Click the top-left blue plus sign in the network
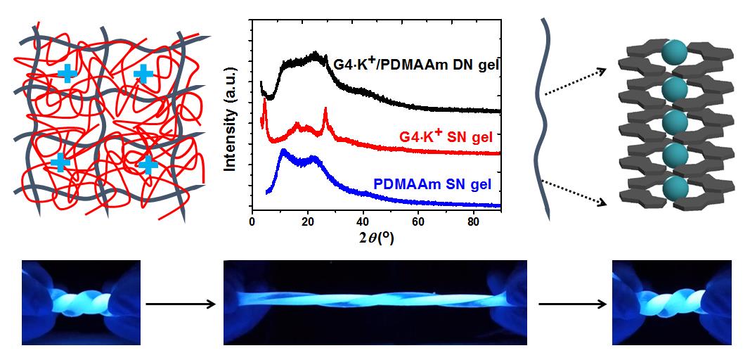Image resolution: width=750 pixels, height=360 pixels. (67, 72)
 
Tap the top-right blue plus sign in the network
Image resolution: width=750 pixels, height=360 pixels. (143, 73)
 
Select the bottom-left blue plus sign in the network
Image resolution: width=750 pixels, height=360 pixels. (60, 162)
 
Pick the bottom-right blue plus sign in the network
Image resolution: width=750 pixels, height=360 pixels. (147, 165)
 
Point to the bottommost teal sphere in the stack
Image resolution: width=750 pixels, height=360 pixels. (674, 188)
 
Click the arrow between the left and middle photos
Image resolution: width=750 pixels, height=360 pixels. (180, 304)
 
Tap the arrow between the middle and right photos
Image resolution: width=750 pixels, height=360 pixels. (571, 304)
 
